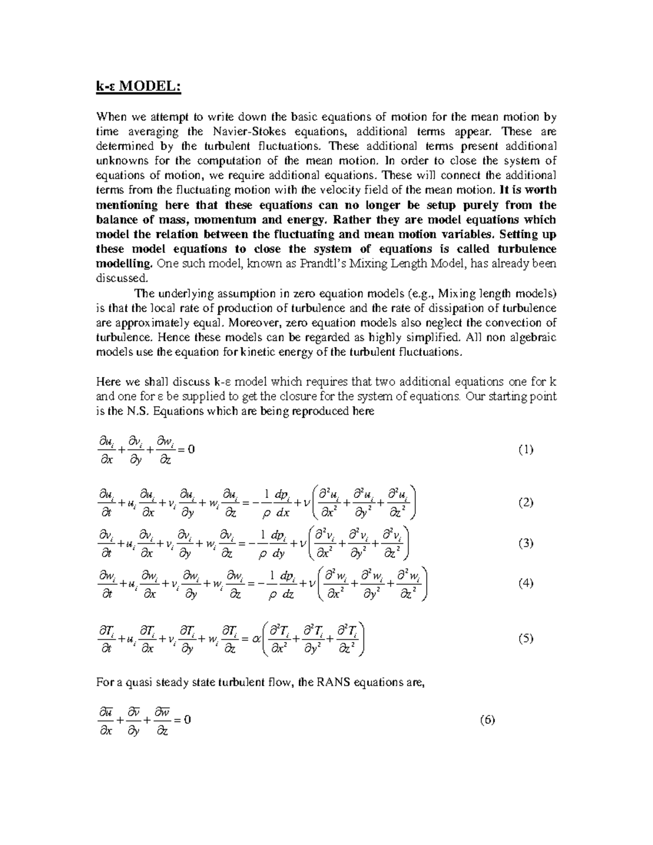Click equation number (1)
[x=525, y=449]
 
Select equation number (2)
[x=525, y=502]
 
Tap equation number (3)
[x=525, y=543]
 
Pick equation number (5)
[x=525, y=639]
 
